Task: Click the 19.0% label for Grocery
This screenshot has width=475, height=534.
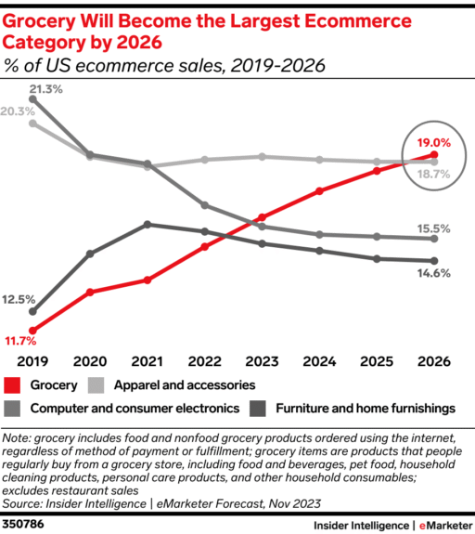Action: (433, 143)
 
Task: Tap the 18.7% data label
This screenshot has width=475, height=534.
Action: (433, 174)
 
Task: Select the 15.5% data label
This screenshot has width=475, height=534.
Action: (433, 228)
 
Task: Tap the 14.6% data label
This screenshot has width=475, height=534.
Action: (433, 273)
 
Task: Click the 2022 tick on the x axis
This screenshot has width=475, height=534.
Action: (205, 361)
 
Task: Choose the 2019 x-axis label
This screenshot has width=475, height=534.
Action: (32, 361)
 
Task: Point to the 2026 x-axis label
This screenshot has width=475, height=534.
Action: (434, 361)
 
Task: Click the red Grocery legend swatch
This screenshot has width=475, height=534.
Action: (13, 384)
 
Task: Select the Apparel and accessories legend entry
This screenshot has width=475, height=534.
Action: (183, 384)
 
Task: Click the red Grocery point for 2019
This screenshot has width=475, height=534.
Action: (32, 330)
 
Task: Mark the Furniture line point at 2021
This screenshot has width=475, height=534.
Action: (148, 224)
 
